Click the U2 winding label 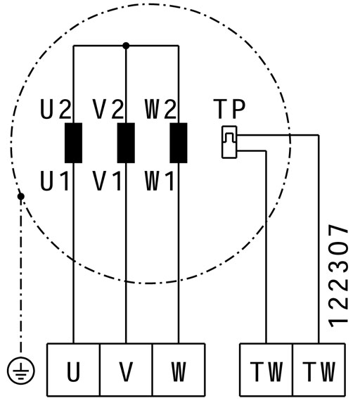(56, 110)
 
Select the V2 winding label (108, 110)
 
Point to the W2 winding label (160, 110)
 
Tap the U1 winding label (54, 181)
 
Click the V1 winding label (107, 181)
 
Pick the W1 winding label (160, 181)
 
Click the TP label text (229, 109)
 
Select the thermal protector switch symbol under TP (229, 142)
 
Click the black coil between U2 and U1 (74, 143)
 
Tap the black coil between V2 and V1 (126, 143)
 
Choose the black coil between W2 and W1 (179, 143)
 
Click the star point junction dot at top (126, 46)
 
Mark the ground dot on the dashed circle (21, 197)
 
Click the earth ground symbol (21, 371)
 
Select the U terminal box (74, 369)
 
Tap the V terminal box (126, 369)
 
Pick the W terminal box (179, 369)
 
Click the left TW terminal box (266, 369)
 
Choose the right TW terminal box (319, 369)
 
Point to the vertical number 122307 (339, 276)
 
